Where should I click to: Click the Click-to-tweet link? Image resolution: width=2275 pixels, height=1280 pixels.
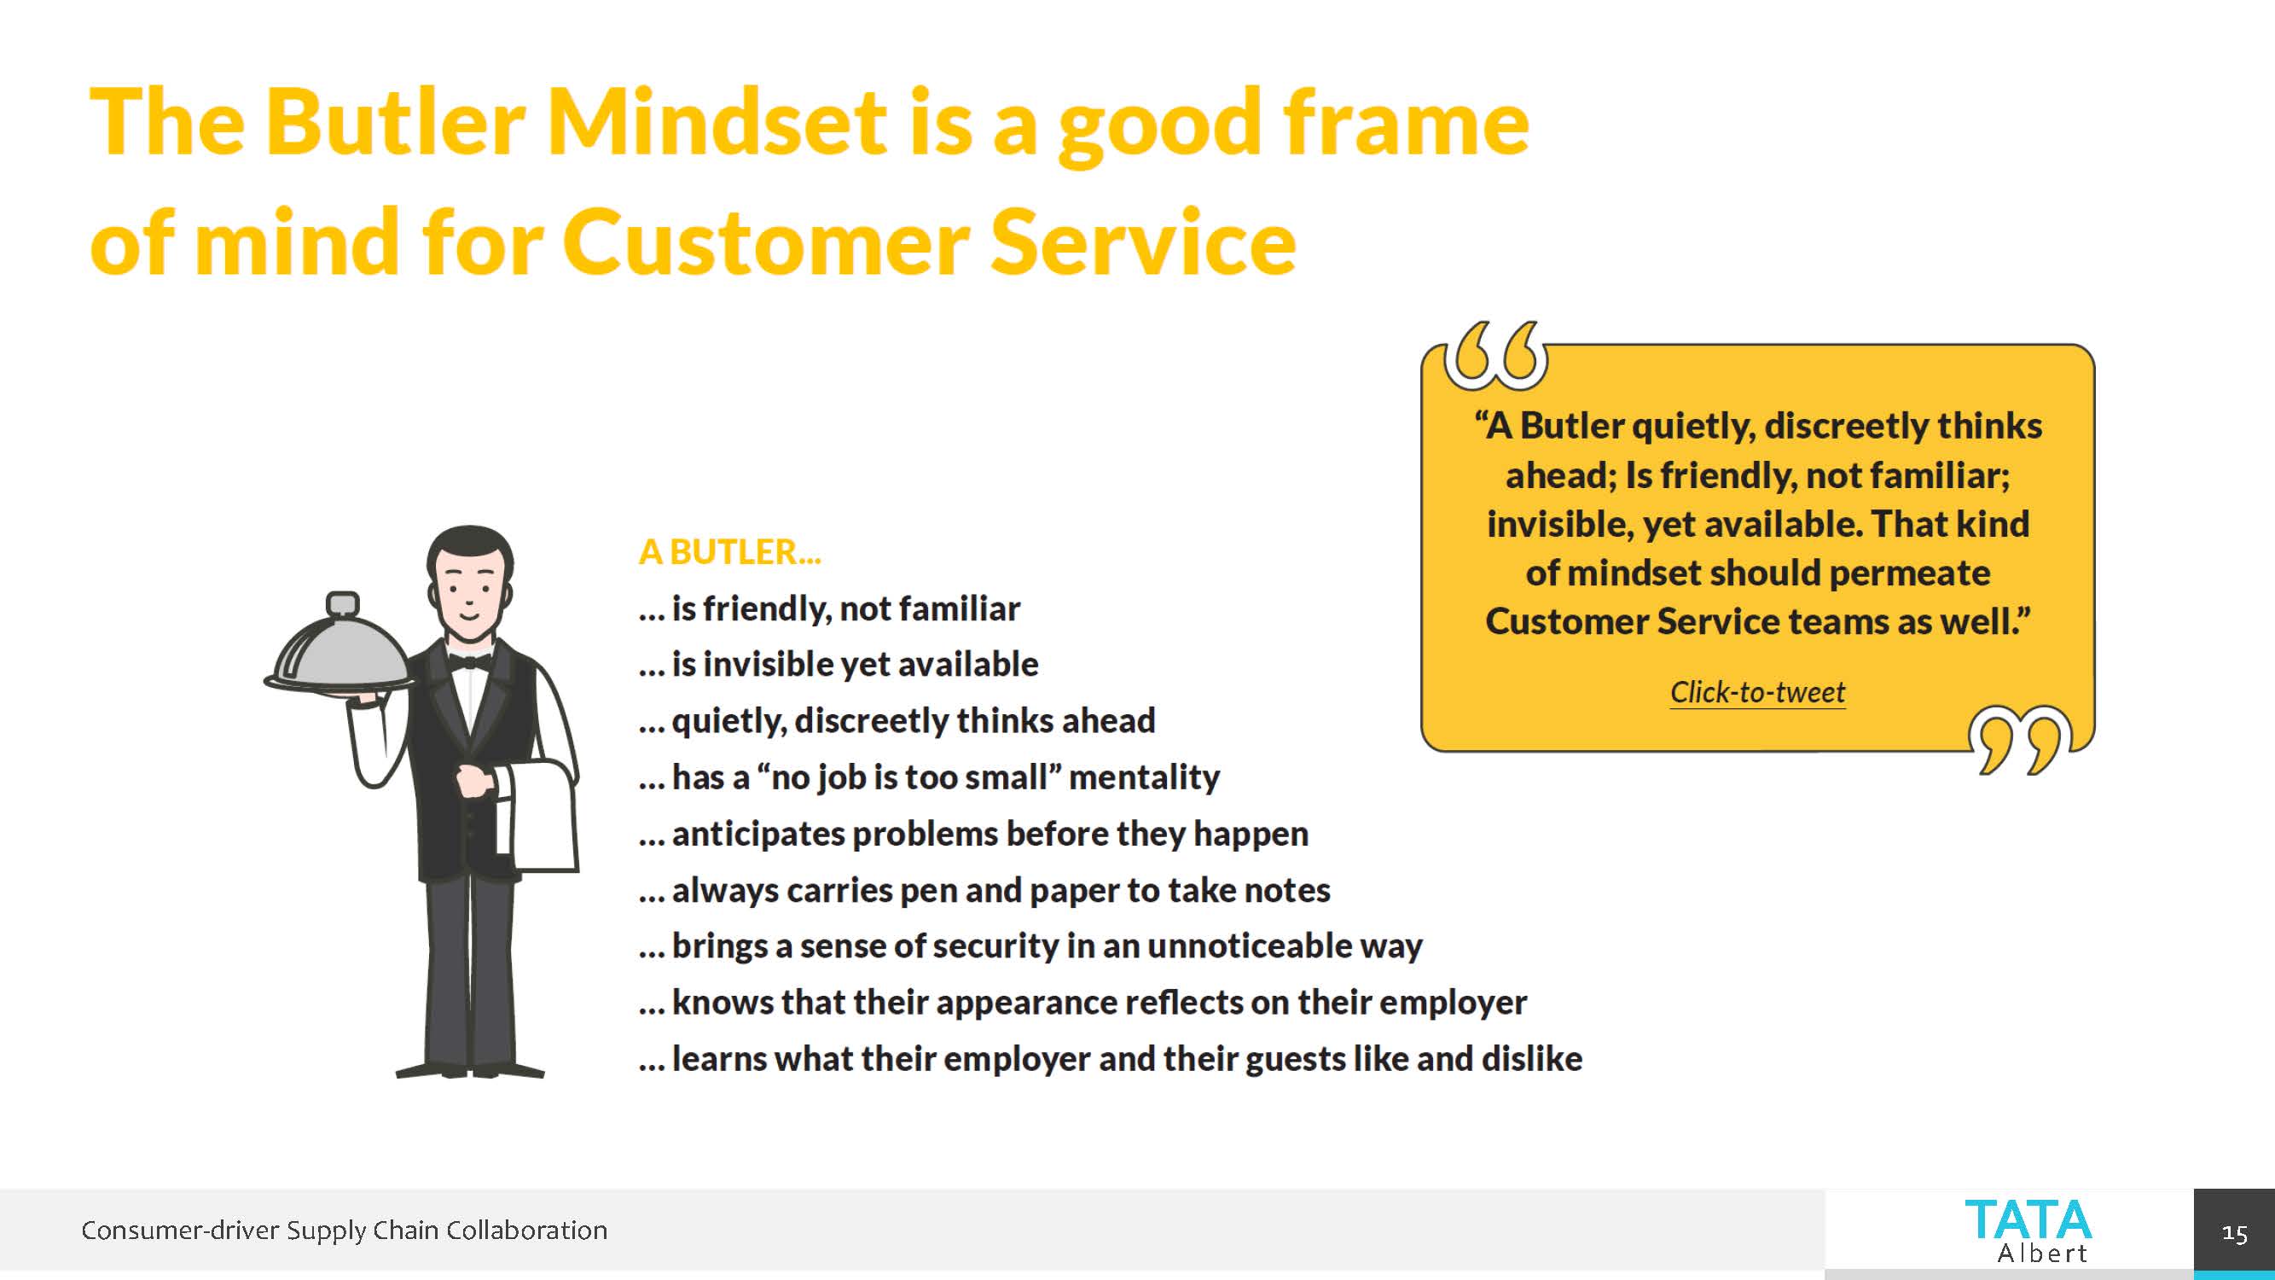[x=1757, y=692]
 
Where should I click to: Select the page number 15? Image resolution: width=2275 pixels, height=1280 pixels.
[x=2234, y=1233]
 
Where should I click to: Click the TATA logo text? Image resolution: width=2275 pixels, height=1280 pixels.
[x=2028, y=1220]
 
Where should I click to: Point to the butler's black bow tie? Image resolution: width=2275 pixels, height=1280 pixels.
[x=470, y=660]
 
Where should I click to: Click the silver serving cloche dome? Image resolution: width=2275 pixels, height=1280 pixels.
[x=340, y=651]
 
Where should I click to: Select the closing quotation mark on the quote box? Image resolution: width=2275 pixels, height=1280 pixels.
[x=2020, y=740]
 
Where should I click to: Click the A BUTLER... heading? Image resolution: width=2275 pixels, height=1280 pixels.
[x=730, y=551]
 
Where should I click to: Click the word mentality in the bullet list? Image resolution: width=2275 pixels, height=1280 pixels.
[x=1145, y=777]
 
